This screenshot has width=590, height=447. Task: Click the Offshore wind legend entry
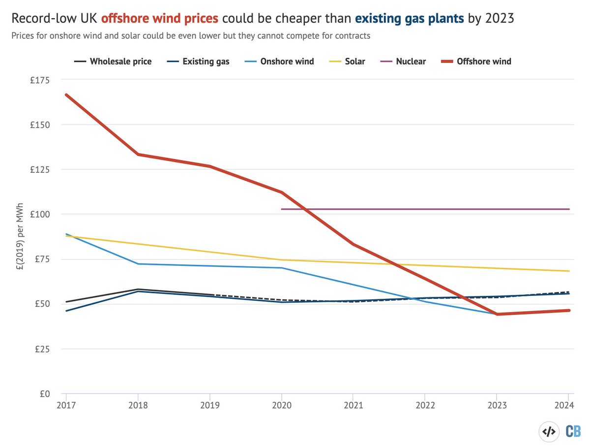click(x=484, y=62)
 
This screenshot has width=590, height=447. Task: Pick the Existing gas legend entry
click(x=206, y=62)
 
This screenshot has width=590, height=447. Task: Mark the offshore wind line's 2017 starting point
click(x=66, y=95)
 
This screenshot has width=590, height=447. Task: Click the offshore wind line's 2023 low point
click(x=497, y=314)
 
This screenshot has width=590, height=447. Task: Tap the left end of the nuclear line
click(x=282, y=209)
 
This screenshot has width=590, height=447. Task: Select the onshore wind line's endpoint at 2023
click(x=496, y=314)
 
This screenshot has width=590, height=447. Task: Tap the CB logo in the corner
click(x=573, y=431)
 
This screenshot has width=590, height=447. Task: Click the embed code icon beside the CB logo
click(x=549, y=431)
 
